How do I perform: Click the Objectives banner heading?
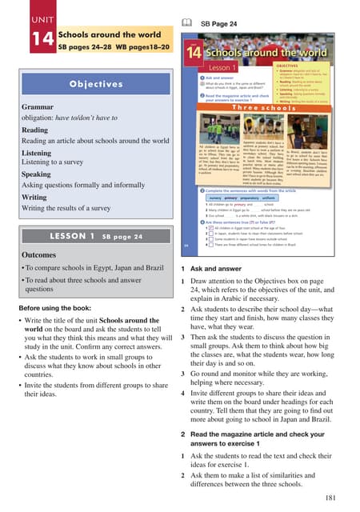[95, 83]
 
